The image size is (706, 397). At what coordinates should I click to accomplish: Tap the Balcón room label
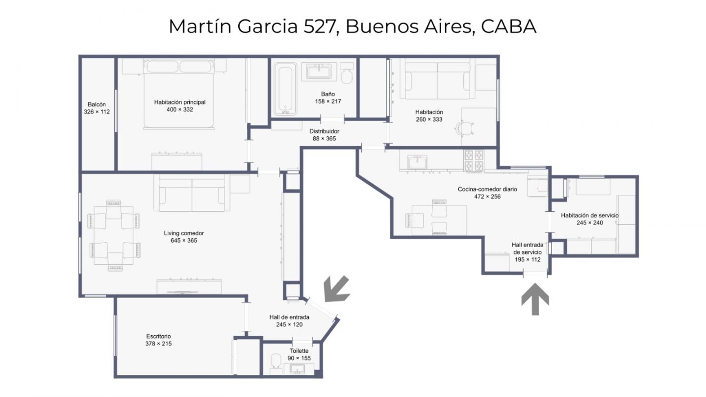pyautogui.click(x=97, y=104)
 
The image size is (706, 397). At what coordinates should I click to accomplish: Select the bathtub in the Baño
pyautogui.click(x=285, y=89)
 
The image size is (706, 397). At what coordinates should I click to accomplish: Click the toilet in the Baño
pyautogui.click(x=347, y=73)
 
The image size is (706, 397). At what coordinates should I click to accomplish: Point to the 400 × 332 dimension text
pyautogui.click(x=179, y=110)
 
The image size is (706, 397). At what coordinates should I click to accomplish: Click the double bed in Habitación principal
pyautogui.click(x=179, y=94)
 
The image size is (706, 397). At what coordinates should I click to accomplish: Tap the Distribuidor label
pyautogui.click(x=325, y=131)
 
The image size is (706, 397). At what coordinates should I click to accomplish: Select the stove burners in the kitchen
pyautogui.click(x=474, y=161)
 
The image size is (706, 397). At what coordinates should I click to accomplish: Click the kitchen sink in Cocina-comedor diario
pyautogui.click(x=417, y=163)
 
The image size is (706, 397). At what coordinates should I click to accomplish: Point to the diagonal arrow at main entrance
pyautogui.click(x=337, y=289)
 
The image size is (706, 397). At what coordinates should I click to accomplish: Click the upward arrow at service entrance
pyautogui.click(x=535, y=299)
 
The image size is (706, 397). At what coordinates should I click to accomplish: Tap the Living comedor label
pyautogui.click(x=184, y=233)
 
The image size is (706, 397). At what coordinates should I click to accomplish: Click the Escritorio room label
pyautogui.click(x=158, y=336)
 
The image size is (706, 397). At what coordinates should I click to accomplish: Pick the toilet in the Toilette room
pyautogui.click(x=276, y=364)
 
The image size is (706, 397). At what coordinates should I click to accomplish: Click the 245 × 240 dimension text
pyautogui.click(x=590, y=223)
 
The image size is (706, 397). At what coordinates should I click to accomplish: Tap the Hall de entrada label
pyautogui.click(x=289, y=317)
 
